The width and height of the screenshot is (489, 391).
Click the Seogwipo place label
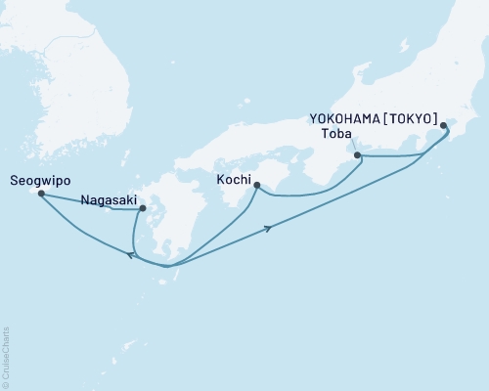38,181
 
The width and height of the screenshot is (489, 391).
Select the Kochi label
233,179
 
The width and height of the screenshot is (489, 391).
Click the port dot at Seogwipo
41,194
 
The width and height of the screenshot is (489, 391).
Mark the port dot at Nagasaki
143,208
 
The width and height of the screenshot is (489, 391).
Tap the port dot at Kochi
256,186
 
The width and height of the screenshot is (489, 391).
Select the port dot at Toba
356,155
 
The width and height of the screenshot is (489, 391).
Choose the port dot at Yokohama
444,125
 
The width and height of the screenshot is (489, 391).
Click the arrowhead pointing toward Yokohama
268,230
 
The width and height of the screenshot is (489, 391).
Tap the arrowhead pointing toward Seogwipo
130,254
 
